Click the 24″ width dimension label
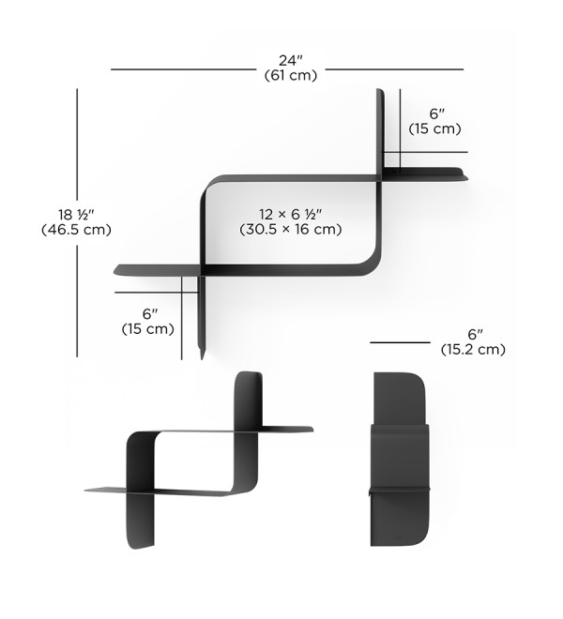point(291,60)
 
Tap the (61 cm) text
point(291,75)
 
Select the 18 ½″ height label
point(77,215)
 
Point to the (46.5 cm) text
point(76,230)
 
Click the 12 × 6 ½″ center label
point(291,215)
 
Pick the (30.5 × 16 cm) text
point(291,229)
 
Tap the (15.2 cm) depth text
point(473,350)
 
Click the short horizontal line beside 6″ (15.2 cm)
point(400,342)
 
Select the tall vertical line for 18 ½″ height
point(77,223)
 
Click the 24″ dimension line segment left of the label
point(183,69)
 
